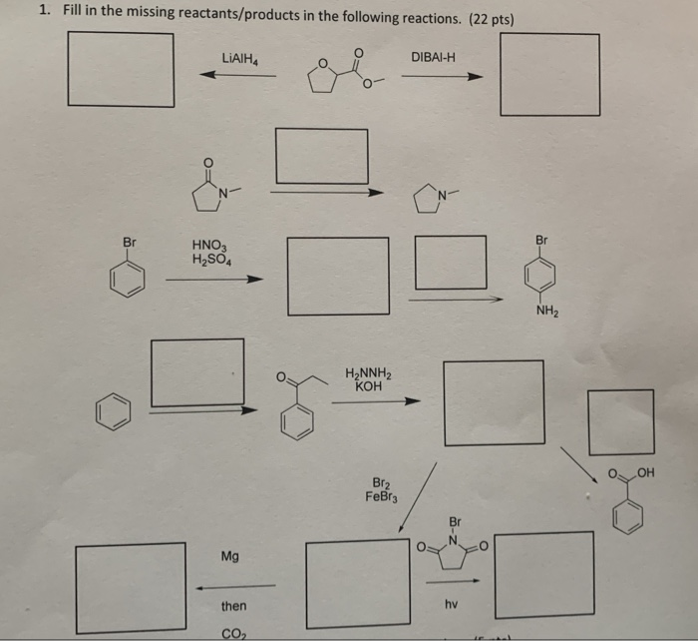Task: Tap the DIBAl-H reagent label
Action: tap(433, 56)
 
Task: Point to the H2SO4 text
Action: tap(210, 261)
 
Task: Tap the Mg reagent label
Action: tap(230, 556)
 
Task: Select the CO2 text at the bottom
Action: tap(233, 631)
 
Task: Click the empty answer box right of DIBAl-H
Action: tap(549, 75)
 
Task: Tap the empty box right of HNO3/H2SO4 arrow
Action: tap(337, 276)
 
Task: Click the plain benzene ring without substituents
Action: tap(113, 412)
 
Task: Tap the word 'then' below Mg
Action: tap(233, 606)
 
